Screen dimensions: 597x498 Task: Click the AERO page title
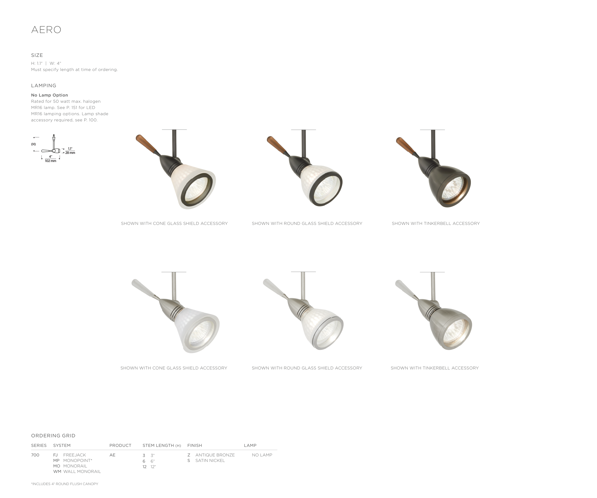[46, 30]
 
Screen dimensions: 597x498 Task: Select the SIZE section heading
[37, 55]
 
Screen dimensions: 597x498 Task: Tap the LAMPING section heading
[44, 86]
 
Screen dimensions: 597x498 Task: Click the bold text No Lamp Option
[49, 95]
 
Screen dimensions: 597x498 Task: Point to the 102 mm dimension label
[51, 161]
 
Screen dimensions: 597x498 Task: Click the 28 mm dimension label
[70, 153]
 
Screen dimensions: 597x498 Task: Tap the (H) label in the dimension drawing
[33, 144]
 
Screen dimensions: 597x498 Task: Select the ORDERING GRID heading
[53, 436]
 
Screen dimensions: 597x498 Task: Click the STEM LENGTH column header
[162, 445]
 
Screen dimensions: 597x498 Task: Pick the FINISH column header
[195, 445]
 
